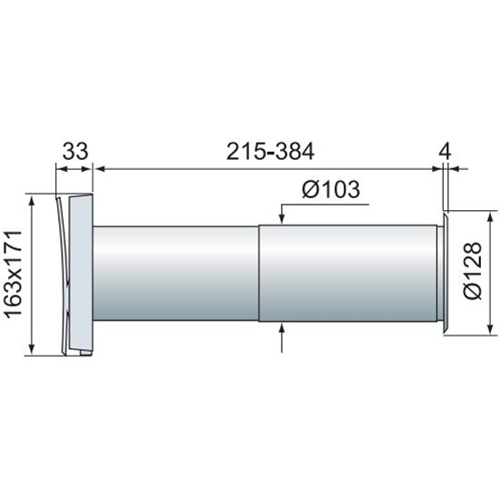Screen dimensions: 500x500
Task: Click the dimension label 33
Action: tap(75, 151)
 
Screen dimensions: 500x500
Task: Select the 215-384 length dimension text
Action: tap(270, 151)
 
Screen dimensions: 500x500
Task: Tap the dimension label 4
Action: tap(445, 151)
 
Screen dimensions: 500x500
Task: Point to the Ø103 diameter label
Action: tap(331, 189)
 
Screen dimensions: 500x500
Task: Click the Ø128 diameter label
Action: tap(473, 271)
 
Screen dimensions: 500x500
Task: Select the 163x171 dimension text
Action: tap(14, 274)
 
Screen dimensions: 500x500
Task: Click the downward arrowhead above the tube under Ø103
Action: tap(282, 219)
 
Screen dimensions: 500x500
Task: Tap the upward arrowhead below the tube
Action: tap(282, 328)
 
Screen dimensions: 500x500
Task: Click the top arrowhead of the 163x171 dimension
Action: tap(31, 201)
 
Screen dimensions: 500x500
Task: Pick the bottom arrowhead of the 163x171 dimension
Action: tap(31, 349)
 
